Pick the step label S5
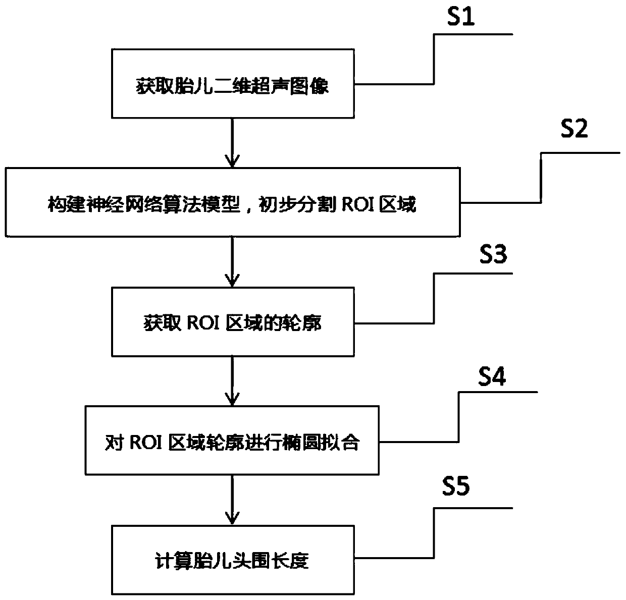click(x=455, y=487)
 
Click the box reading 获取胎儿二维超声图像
click(x=232, y=84)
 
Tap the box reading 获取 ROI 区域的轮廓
click(x=232, y=322)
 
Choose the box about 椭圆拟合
click(x=233, y=441)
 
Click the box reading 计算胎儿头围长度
click(x=232, y=560)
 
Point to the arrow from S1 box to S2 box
click(x=232, y=142)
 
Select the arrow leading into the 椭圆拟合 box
click(x=232, y=381)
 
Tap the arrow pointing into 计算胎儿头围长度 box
click(x=232, y=500)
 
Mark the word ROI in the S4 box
click(x=145, y=442)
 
